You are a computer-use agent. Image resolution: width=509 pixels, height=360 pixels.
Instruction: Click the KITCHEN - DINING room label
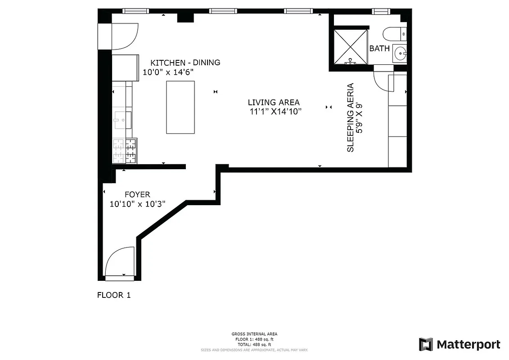click(x=185, y=63)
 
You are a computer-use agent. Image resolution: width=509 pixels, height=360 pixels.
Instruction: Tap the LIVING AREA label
click(x=274, y=103)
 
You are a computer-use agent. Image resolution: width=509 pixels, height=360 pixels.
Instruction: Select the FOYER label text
click(x=137, y=194)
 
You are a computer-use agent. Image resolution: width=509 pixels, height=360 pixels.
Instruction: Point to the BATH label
click(x=379, y=48)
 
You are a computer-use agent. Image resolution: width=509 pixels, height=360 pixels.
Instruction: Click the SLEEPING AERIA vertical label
click(x=351, y=117)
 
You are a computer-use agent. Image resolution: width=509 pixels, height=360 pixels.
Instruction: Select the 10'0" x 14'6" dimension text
click(x=168, y=72)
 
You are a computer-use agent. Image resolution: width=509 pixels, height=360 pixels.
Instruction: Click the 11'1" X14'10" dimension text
click(x=275, y=112)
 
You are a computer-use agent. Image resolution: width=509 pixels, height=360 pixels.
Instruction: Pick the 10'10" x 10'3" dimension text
click(x=138, y=204)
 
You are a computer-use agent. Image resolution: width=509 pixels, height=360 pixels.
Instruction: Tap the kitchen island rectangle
click(x=180, y=107)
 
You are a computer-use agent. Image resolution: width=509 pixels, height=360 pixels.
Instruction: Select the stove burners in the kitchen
click(x=125, y=151)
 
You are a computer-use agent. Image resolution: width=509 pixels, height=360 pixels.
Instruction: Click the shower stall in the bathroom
click(x=350, y=46)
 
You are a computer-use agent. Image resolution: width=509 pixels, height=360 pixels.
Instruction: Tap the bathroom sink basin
click(x=399, y=54)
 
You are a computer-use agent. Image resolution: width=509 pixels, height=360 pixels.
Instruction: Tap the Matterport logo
click(x=459, y=345)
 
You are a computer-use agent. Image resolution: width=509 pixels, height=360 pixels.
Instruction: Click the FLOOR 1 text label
click(x=114, y=295)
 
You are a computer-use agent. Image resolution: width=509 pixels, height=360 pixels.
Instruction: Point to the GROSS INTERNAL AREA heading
click(x=254, y=334)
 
